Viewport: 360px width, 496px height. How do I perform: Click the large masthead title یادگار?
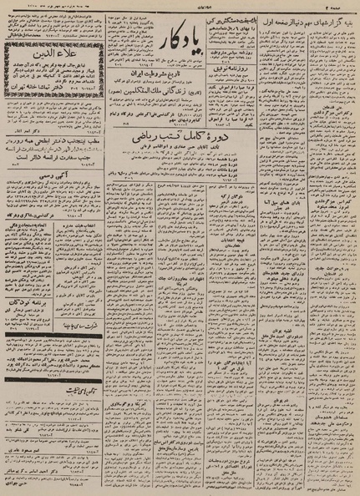click(x=175, y=33)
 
